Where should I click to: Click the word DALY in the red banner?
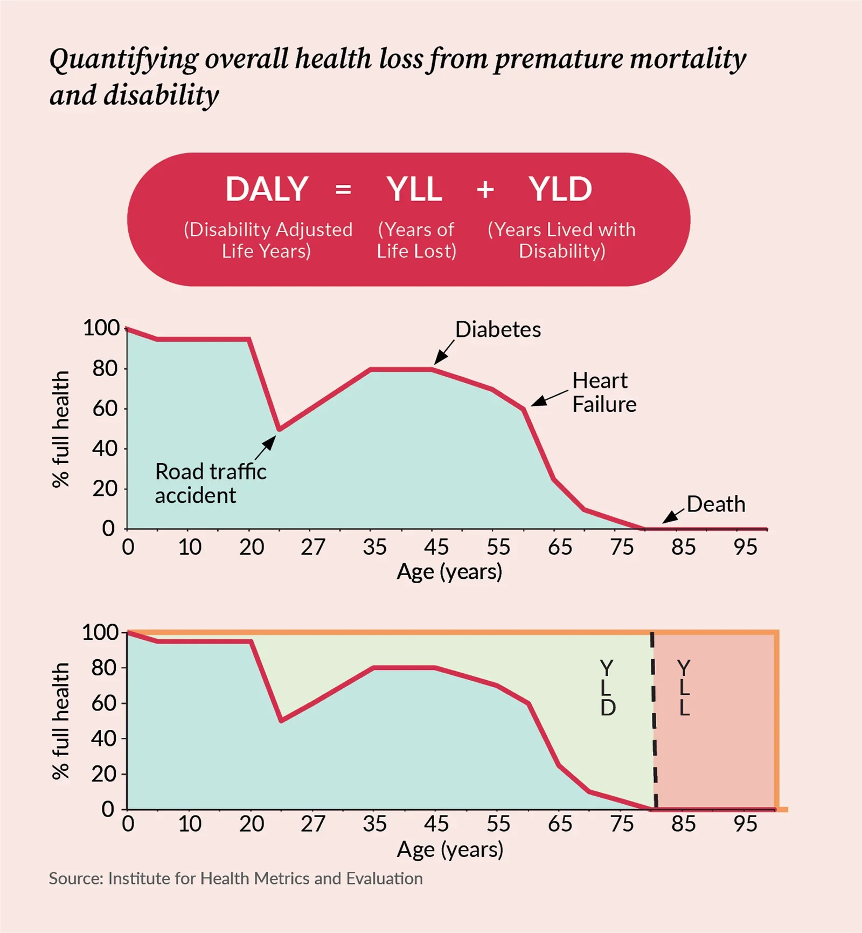pos(267,189)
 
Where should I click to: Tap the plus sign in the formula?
pos(485,190)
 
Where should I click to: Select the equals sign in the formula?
pos(343,190)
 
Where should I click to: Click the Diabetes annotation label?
pos(498,329)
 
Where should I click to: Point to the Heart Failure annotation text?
pos(604,392)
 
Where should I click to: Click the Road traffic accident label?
pos(210,483)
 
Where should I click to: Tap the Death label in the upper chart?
pos(716,504)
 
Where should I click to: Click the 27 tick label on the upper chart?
pos(313,548)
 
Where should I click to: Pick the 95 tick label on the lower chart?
pos(745,824)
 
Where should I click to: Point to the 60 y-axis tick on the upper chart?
pos(105,409)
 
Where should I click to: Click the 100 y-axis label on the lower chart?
pos(100,632)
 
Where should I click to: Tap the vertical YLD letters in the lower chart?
pos(607,688)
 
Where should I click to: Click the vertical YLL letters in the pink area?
pos(684,688)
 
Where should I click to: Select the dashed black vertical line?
pos(654,722)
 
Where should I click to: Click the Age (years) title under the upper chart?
pos(449,571)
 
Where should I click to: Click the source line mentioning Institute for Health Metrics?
pos(235,879)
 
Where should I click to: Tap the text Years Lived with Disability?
pos(561,240)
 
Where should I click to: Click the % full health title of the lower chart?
pos(61,721)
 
